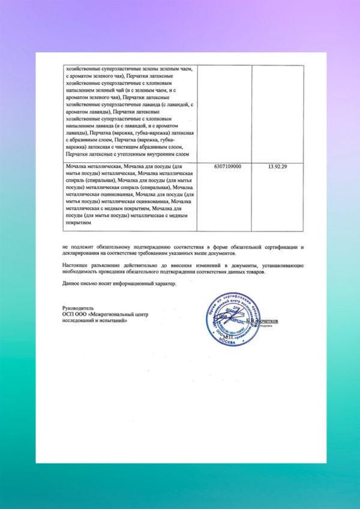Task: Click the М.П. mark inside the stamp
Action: point(227,338)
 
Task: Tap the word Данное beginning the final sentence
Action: point(72,284)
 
